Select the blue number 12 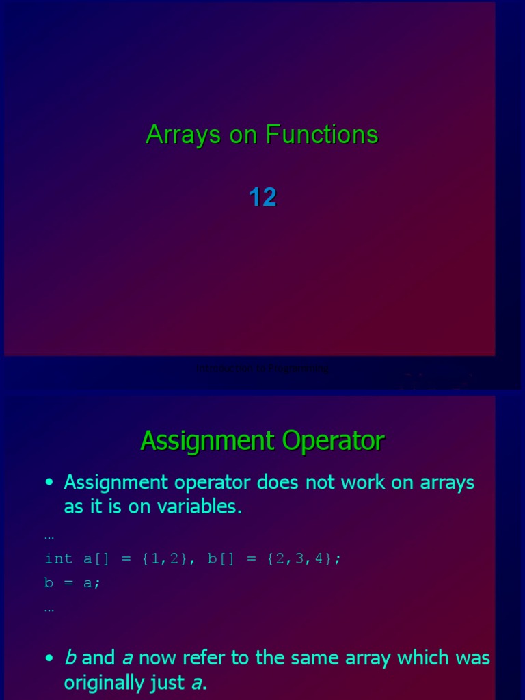coord(262,198)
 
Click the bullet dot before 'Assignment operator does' coord(49,483)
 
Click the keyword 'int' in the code coord(59,558)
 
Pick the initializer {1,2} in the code coord(165,558)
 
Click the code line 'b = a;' coord(72,582)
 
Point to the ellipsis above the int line coord(49,536)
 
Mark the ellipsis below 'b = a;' coord(49,608)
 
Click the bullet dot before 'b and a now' coord(49,658)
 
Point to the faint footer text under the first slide coord(262,368)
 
